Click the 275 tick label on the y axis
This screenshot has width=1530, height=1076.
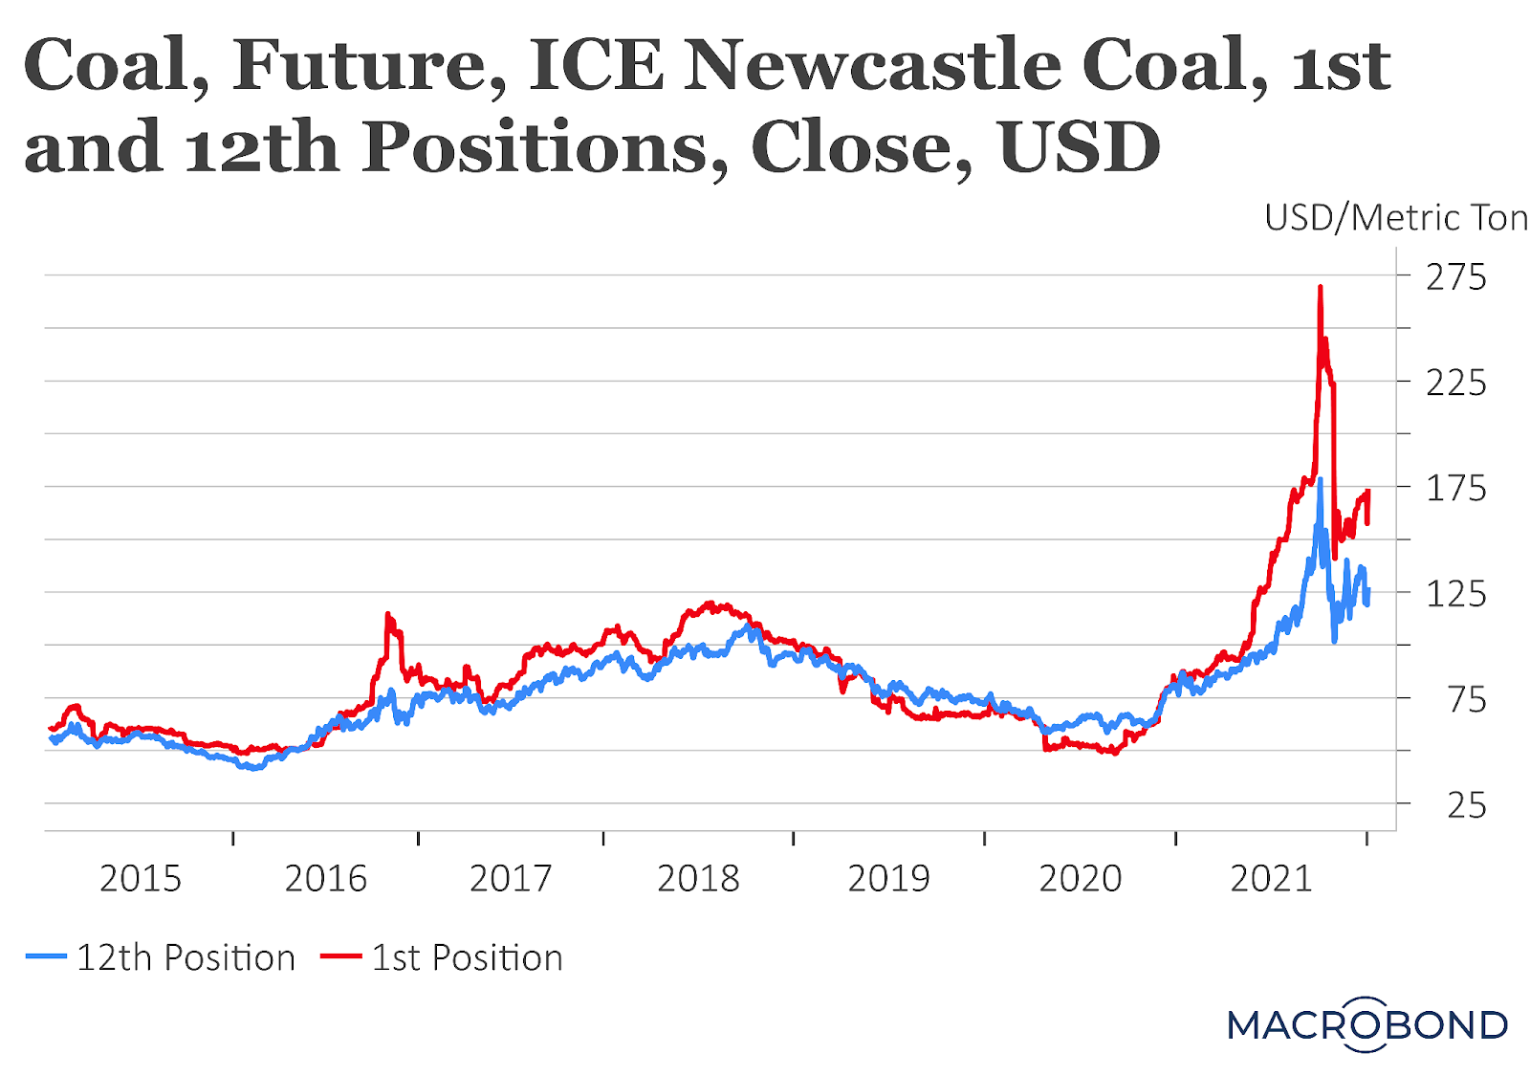point(1455,277)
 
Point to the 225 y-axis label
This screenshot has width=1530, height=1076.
point(1455,384)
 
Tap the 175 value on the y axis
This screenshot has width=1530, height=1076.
point(1455,489)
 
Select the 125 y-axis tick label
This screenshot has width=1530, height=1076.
point(1455,595)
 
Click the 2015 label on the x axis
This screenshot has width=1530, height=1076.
point(141,879)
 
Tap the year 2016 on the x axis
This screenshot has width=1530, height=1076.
point(325,879)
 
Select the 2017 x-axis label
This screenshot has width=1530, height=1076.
point(511,879)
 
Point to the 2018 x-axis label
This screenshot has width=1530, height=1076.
point(698,879)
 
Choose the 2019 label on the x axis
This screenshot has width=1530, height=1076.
point(888,879)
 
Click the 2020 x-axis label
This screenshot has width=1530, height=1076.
point(1080,879)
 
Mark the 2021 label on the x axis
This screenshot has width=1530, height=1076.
point(1271,879)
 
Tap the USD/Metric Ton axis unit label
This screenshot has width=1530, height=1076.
point(1395,218)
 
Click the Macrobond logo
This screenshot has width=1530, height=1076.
point(1367,1024)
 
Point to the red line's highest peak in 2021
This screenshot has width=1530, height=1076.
point(1321,286)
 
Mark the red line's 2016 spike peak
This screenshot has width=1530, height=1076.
point(387,614)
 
